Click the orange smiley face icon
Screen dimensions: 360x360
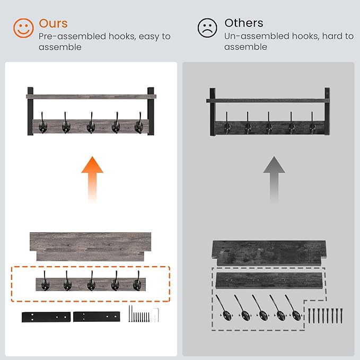(23, 28)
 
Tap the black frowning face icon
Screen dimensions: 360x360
(207, 28)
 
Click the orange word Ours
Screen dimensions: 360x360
(53, 23)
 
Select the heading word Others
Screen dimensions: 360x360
(244, 23)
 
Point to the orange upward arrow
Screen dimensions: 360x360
(92, 179)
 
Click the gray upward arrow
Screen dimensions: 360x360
(274, 179)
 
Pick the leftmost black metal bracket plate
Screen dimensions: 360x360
(46, 317)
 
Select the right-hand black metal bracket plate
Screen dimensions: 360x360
(96, 317)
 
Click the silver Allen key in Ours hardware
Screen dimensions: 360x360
(157, 314)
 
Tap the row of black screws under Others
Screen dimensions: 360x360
(325, 316)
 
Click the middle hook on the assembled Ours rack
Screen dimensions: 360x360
(91, 124)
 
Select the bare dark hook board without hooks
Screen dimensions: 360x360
(269, 281)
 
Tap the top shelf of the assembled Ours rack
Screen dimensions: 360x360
(91, 96)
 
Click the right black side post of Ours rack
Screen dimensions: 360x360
(151, 111)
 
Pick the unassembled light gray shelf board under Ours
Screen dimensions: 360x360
(91, 247)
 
